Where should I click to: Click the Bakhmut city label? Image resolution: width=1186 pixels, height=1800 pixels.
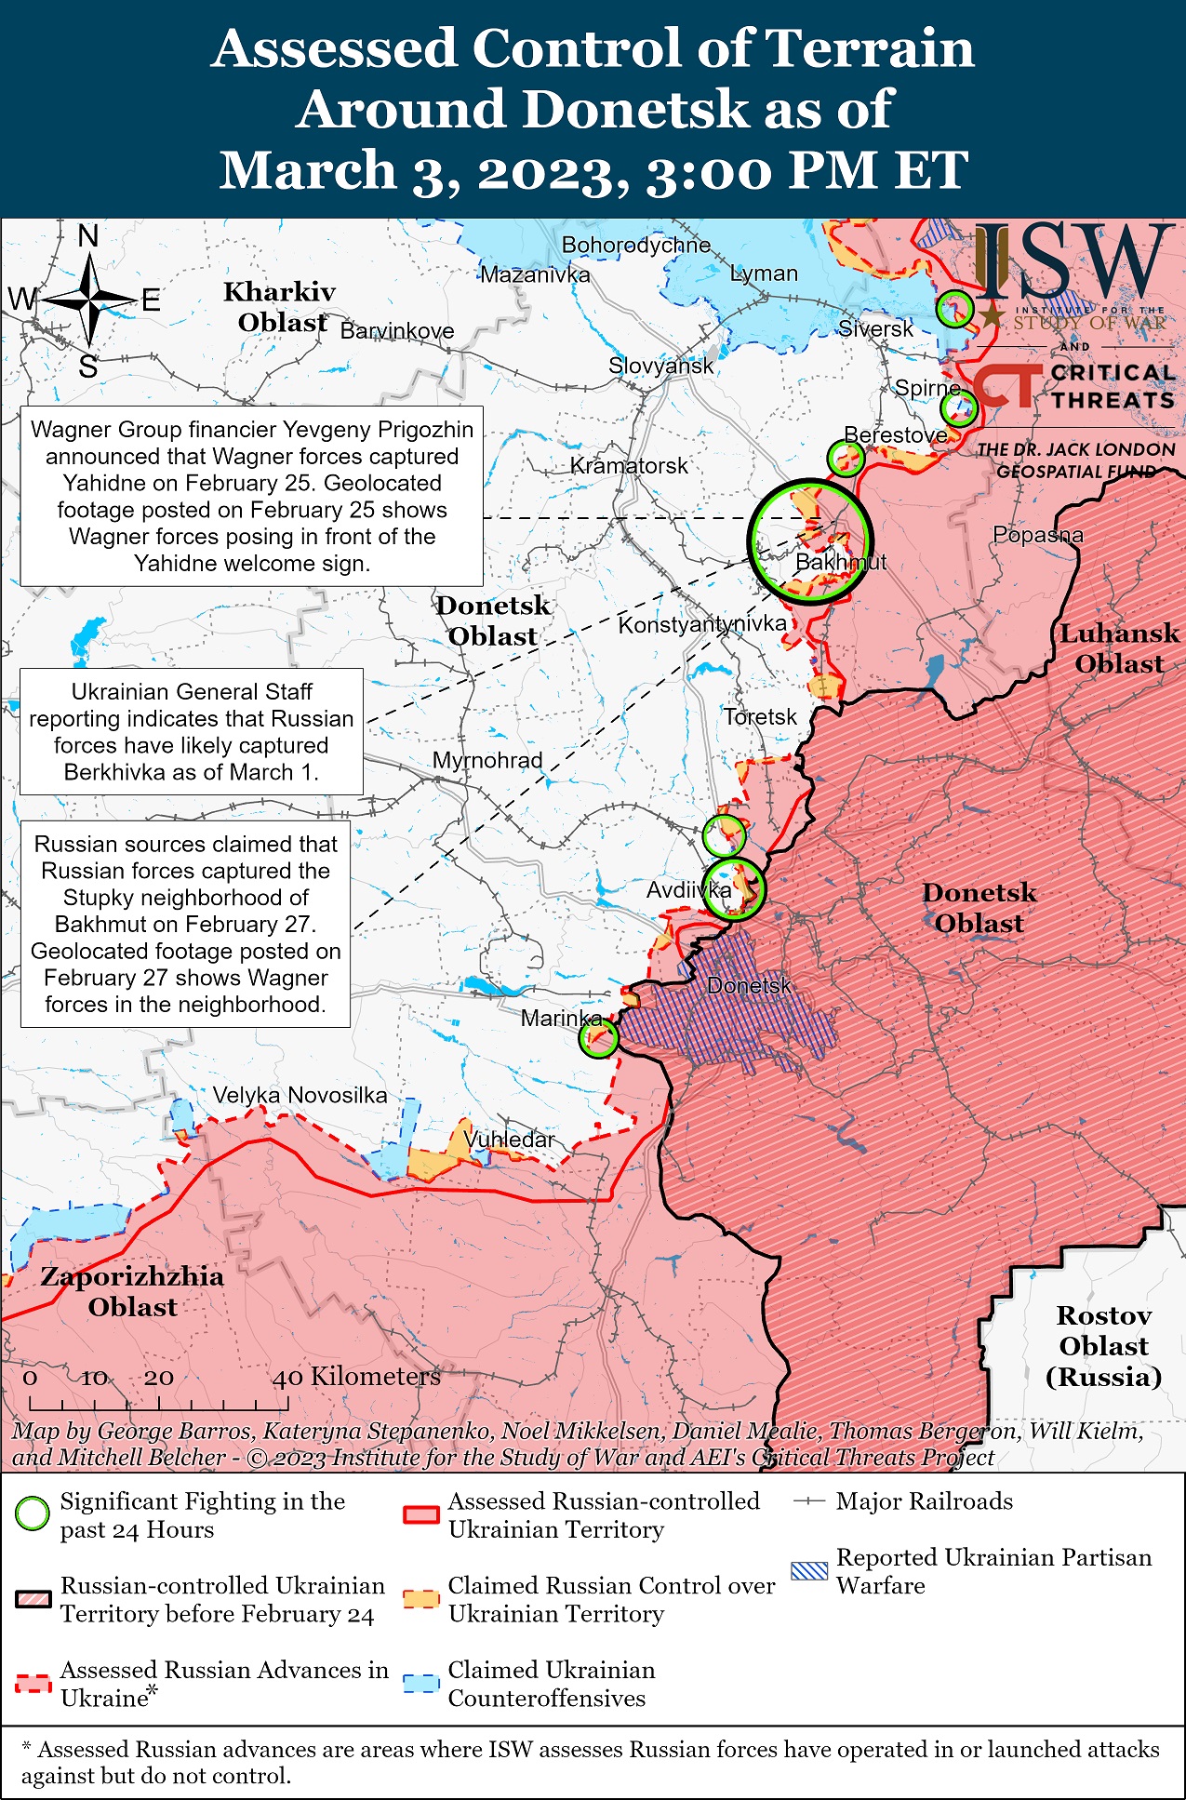coord(840,562)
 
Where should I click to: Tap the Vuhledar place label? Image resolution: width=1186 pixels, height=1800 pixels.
coord(509,1139)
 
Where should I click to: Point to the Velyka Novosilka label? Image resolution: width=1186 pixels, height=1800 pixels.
coord(300,1095)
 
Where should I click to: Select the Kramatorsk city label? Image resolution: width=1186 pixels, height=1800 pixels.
coord(629,465)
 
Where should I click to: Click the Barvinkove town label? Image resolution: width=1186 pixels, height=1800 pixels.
coord(397,330)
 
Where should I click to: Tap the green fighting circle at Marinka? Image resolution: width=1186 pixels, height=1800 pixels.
coord(598,1037)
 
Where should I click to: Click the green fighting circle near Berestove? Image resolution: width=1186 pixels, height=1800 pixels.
coord(846,458)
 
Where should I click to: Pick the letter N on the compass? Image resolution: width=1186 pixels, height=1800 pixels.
coord(88,236)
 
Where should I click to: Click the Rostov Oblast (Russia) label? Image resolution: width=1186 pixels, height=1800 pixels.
coord(1103,1346)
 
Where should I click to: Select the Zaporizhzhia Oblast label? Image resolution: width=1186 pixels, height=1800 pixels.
coord(132,1291)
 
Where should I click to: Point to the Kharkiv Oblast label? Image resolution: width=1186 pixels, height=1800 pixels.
coord(280,307)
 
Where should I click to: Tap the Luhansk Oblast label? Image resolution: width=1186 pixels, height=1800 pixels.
coord(1119,648)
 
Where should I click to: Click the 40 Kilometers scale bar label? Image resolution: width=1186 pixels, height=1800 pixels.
coord(356,1376)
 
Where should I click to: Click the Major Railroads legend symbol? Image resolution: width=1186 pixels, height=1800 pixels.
coord(808,1501)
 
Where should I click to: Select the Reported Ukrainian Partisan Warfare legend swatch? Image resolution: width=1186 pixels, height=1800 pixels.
coord(808,1571)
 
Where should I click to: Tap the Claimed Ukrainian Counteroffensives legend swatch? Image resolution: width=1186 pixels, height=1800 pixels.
coord(421,1684)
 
